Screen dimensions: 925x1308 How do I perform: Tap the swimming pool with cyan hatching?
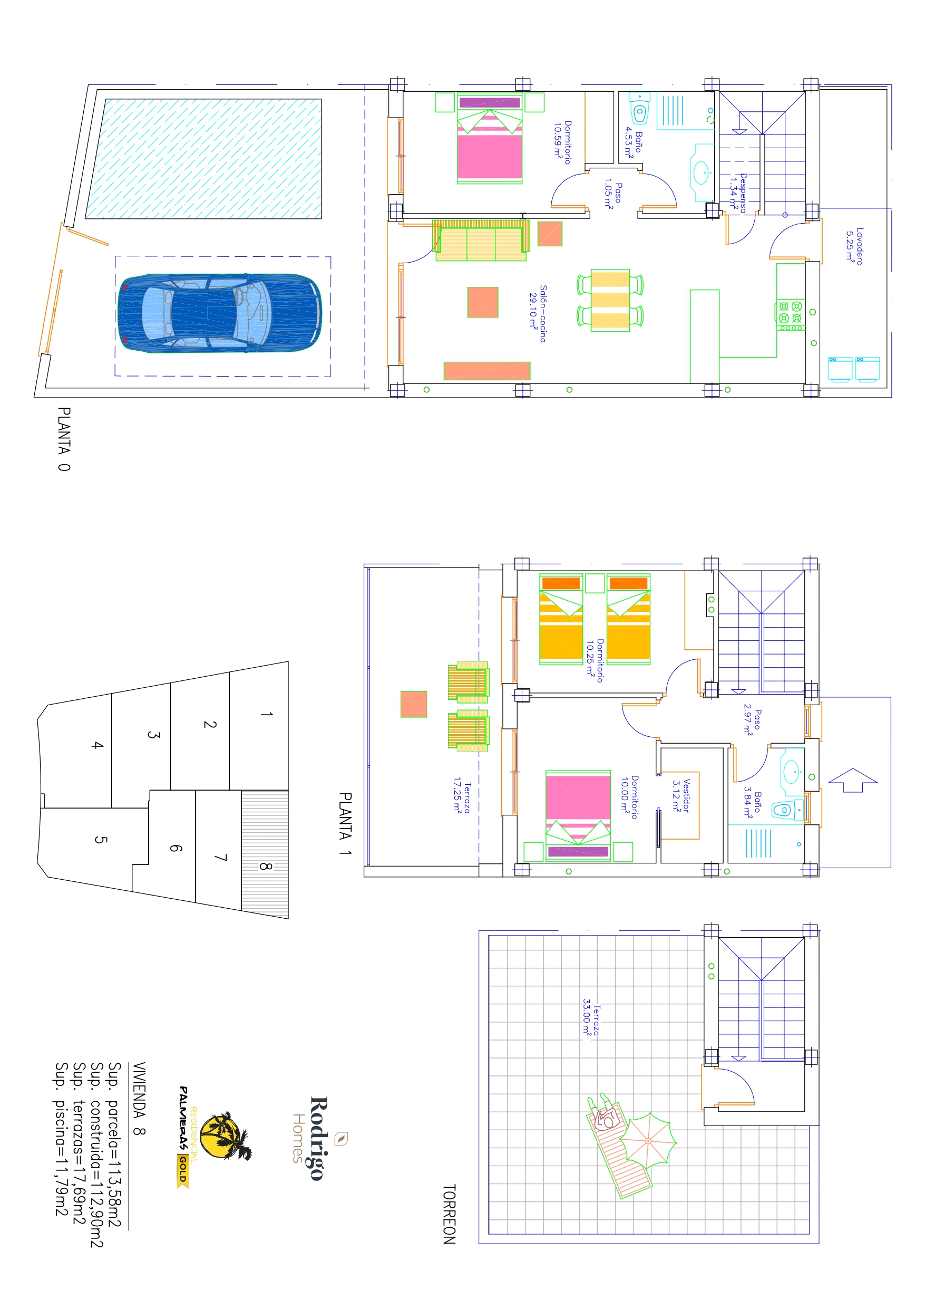[x=203, y=158]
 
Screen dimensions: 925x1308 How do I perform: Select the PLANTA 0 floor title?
[x=64, y=438]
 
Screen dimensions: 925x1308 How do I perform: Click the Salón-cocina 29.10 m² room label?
[x=538, y=313]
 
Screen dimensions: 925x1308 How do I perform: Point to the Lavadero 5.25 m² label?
[x=854, y=246]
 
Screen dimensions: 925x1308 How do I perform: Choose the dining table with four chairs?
[x=610, y=300]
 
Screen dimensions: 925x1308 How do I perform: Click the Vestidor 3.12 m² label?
[x=681, y=795]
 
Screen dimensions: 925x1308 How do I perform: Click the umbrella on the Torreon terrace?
[x=648, y=1140]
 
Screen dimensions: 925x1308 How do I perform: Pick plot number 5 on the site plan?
[x=100, y=840]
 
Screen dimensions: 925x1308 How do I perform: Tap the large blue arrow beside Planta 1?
[x=853, y=780]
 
